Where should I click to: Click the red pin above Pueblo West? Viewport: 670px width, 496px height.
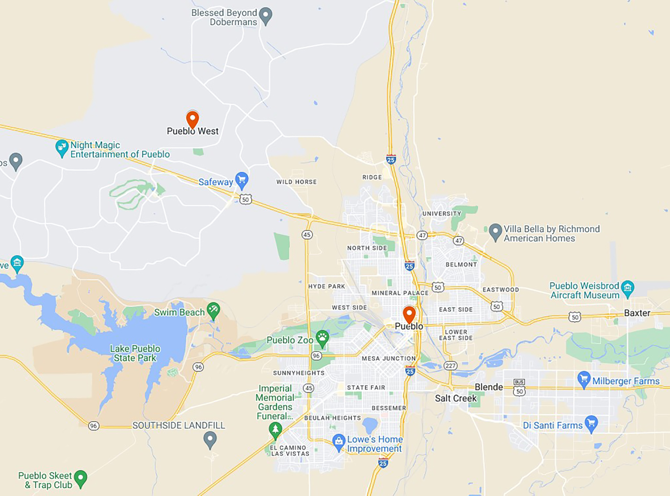(193, 119)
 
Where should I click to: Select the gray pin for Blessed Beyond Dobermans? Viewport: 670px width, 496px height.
(266, 16)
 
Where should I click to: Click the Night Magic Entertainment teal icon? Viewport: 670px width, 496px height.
(62, 148)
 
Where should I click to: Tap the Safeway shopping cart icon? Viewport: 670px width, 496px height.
(242, 180)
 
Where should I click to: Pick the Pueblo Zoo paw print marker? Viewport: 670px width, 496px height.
(322, 338)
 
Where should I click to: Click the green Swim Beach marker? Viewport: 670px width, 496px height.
(213, 310)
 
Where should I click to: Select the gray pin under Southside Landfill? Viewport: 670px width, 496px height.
(210, 439)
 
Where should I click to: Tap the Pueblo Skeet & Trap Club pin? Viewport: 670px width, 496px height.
(80, 478)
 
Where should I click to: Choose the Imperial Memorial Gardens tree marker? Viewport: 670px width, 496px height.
(275, 430)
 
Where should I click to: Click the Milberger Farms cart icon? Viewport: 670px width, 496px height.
(584, 379)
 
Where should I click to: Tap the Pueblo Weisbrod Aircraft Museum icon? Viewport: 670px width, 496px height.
(627, 288)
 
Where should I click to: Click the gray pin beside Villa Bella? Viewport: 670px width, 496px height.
(495, 232)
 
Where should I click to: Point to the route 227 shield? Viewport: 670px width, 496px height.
(451, 366)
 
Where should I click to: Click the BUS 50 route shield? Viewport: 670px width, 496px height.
(519, 388)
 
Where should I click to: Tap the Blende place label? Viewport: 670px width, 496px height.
(489, 387)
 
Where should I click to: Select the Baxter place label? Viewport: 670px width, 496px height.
(637, 313)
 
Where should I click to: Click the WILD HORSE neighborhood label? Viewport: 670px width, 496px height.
(296, 182)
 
